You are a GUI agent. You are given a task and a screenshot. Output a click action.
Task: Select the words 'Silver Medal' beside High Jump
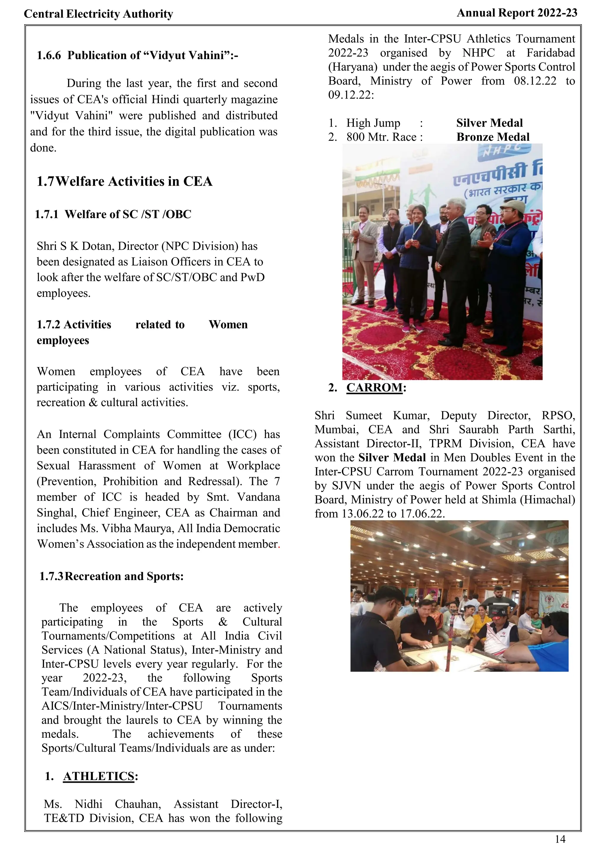pyautogui.click(x=489, y=123)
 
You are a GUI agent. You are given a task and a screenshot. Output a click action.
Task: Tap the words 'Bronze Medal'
pyautogui.click(x=493, y=137)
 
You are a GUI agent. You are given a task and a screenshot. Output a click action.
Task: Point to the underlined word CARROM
pyautogui.click(x=374, y=388)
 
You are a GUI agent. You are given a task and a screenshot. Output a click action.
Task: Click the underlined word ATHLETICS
pyautogui.click(x=99, y=776)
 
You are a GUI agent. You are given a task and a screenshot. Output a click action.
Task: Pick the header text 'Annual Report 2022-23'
pyautogui.click(x=517, y=13)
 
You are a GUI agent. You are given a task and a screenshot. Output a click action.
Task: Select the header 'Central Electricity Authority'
pyautogui.click(x=99, y=14)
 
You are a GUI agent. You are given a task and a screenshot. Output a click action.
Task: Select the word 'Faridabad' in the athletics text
pyautogui.click(x=550, y=53)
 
